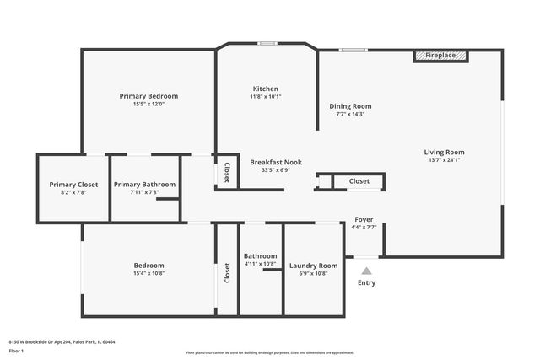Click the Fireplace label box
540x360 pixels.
440,56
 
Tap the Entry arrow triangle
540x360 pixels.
366,271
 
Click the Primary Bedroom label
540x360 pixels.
148,96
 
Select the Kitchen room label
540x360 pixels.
265,89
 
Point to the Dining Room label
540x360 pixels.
350,106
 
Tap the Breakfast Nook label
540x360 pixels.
276,162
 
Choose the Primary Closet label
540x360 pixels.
73,184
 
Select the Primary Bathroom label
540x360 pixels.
144,184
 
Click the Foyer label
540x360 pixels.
364,219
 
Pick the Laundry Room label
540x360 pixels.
313,266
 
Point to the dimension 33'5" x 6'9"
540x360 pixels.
276,170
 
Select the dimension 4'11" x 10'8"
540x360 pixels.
260,264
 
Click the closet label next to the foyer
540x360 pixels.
359,180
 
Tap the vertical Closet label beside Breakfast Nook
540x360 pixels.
226,172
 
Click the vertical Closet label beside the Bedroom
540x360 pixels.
226,273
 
